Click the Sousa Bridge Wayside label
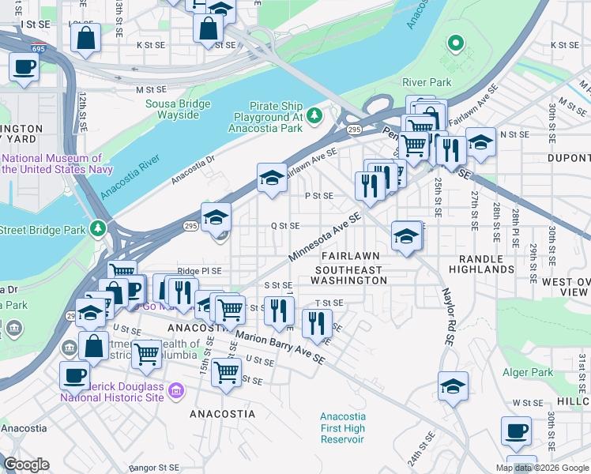[178, 109]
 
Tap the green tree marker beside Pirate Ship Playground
[315, 116]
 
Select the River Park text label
[427, 82]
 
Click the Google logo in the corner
[26, 465]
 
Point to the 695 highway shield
[40, 49]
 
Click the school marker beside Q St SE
[216, 217]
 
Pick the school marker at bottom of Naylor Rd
[454, 386]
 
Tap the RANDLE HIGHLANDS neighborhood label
[481, 264]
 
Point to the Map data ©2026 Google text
[542, 468]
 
